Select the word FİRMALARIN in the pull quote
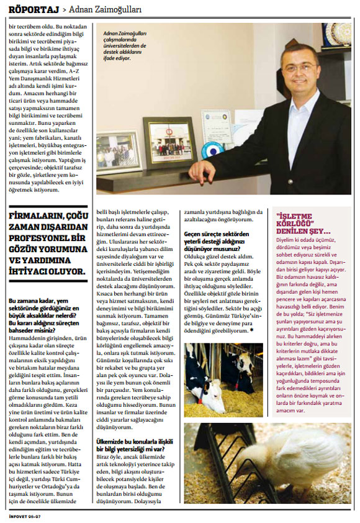[x=38, y=216]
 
